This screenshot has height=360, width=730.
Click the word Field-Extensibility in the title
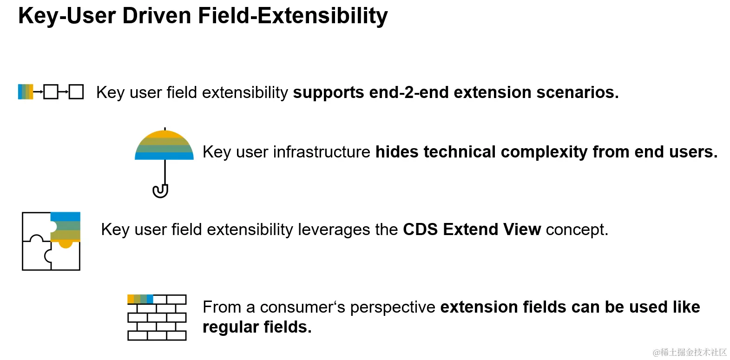293,16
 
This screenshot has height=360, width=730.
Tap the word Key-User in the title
67,16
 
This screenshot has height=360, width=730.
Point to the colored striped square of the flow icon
26,92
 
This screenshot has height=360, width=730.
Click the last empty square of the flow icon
76,92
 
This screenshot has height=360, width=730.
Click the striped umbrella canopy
164,145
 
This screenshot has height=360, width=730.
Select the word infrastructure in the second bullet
322,152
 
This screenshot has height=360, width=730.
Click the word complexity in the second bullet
544,152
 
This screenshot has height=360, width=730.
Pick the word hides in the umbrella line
397,152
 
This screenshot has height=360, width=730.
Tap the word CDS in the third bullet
421,229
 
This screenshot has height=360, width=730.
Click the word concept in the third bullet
577,229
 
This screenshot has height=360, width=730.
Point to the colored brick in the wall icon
140,299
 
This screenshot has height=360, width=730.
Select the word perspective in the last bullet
393,308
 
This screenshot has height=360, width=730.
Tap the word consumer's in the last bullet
303,307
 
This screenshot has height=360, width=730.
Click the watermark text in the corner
690,352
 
